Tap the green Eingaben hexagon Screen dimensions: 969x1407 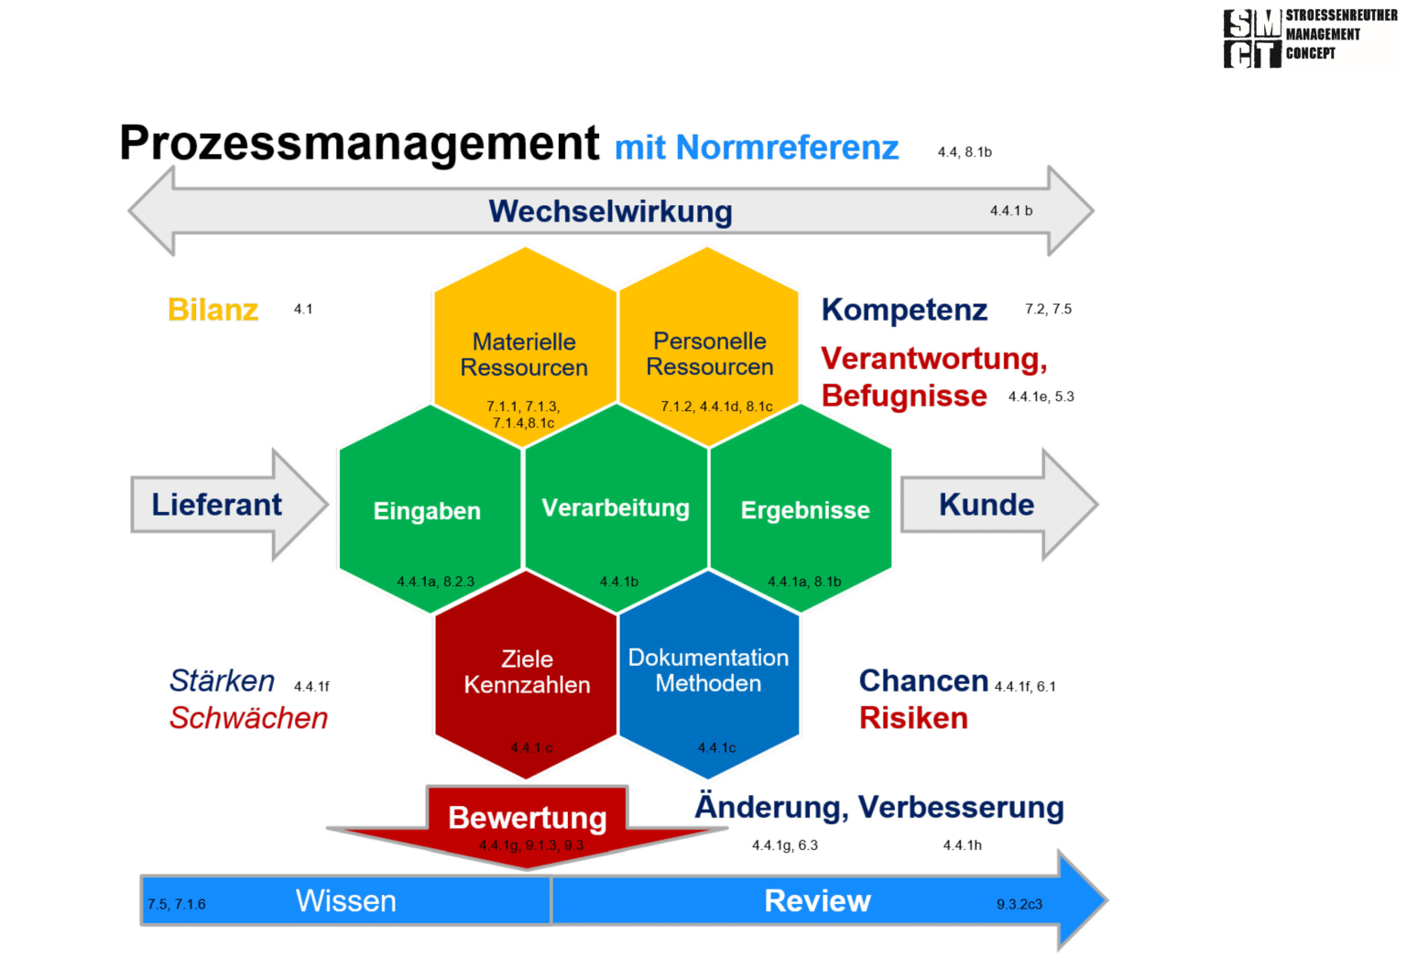coord(428,509)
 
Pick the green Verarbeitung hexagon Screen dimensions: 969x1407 coord(616,507)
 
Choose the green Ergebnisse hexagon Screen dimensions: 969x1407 coord(804,509)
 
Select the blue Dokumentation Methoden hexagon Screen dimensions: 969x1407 coord(708,673)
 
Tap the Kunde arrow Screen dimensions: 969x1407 coord(987,505)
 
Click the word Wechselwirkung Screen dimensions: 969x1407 coord(610,212)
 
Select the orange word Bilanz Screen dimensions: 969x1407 coord(213,310)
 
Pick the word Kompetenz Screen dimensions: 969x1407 coord(904,310)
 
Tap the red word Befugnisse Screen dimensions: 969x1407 coord(904,396)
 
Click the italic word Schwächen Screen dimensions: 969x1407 coord(248,718)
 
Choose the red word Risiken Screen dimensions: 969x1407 coord(913,718)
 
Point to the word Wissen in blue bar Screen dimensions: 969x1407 coord(346,901)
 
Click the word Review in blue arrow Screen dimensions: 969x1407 coord(817,901)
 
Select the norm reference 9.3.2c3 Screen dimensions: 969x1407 coord(1020,904)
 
